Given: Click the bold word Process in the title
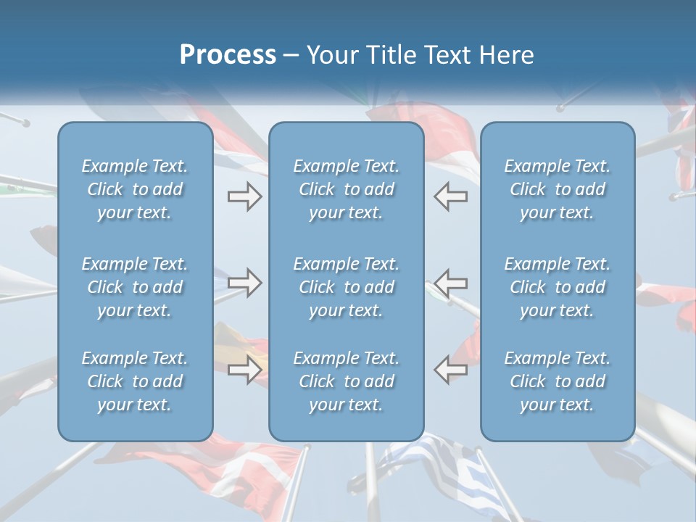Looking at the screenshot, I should pos(228,55).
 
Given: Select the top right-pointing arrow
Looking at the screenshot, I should pos(244,196).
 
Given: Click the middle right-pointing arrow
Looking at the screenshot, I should pos(244,283).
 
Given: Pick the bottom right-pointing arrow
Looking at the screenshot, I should pos(244,370).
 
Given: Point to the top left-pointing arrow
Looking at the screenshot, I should pos(451,196).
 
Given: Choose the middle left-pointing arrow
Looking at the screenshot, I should pos(451,283).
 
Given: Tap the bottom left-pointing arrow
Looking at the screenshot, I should pos(451,370).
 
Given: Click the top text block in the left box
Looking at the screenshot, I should pos(135,189).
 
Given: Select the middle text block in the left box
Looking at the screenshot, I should pos(135,287).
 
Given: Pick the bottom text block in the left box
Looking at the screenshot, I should pos(135,381).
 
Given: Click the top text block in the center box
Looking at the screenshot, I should pos(347,189).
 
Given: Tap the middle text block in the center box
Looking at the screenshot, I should pos(347,287).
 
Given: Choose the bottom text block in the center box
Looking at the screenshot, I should pos(347,381).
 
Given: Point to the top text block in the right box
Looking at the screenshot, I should pos(558,189).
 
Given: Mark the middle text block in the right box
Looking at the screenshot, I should pos(558,287).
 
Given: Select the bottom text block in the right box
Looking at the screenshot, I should pos(558,381).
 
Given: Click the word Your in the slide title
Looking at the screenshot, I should pos(333,55).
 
